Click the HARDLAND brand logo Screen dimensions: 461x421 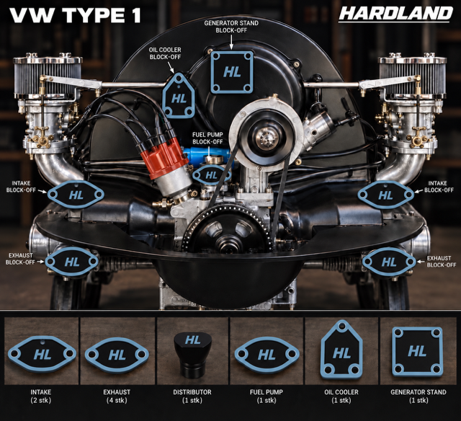click(x=395, y=14)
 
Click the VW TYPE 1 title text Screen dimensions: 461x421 click(x=75, y=15)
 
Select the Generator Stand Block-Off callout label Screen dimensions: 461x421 click(x=231, y=27)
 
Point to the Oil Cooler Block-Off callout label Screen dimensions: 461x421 click(x=165, y=53)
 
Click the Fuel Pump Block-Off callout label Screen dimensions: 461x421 click(x=207, y=138)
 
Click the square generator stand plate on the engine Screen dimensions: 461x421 click(x=232, y=72)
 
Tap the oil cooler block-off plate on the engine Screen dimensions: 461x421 click(x=179, y=96)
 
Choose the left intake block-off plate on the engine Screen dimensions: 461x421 click(x=76, y=195)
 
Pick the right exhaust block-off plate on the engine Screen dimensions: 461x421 click(x=389, y=262)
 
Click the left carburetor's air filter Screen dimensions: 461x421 click(x=48, y=76)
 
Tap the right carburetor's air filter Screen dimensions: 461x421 click(x=413, y=76)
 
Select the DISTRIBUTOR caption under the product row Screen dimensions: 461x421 click(x=192, y=392)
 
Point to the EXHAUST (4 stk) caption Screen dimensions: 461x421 click(x=117, y=396)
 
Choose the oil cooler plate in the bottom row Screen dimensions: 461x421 click(x=341, y=352)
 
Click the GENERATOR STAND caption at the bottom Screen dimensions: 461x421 click(x=419, y=392)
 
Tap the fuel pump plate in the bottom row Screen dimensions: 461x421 click(x=267, y=355)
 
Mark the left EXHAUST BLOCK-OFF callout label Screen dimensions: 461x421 click(x=21, y=259)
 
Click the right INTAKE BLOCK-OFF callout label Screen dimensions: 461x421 click(x=439, y=187)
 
